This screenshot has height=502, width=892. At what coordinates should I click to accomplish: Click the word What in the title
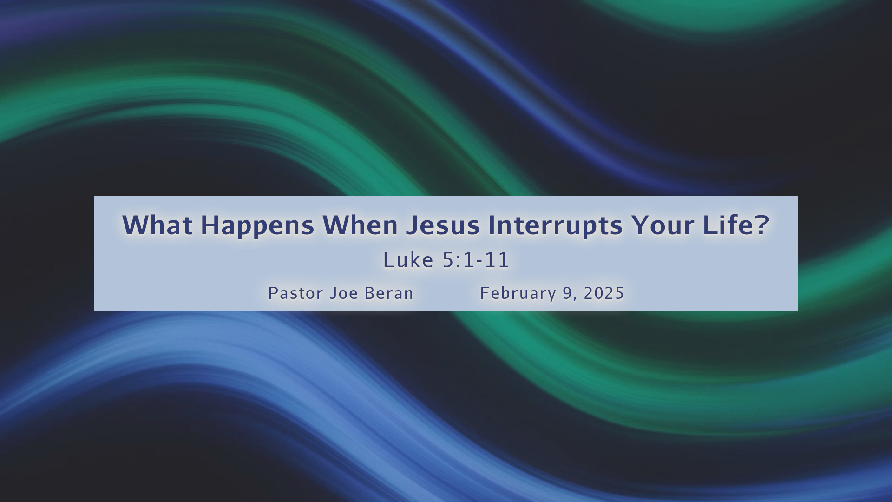[x=157, y=225]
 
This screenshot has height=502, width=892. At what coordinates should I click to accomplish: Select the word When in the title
[x=360, y=225]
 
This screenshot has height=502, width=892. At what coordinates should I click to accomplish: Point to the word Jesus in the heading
[x=443, y=225]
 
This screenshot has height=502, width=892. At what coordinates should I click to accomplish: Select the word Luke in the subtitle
[x=408, y=260]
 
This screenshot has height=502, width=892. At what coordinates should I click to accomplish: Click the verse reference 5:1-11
[x=476, y=260]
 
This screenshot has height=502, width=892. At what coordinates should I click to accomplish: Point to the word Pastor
[x=296, y=293]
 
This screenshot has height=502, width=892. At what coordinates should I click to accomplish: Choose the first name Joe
[x=344, y=293]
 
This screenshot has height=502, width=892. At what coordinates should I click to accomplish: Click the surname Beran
[x=389, y=293]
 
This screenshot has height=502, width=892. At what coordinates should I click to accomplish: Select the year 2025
[x=604, y=293]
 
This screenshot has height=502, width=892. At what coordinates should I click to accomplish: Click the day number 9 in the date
[x=568, y=293]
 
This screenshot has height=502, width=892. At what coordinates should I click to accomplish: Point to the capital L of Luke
[x=388, y=260]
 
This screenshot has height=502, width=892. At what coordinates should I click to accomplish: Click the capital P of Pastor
[x=273, y=293]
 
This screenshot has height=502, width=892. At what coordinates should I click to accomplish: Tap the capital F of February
[x=485, y=293]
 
